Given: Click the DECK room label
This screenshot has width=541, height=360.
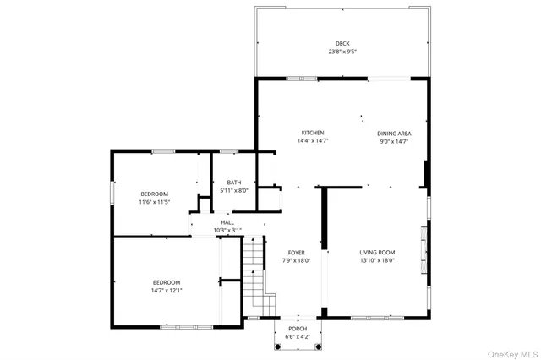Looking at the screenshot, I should coord(342,44).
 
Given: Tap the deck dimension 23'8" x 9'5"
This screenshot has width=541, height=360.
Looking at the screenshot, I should coord(342,52).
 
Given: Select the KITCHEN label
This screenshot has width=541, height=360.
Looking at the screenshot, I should coord(313,134).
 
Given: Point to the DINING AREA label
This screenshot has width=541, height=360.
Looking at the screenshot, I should coord(394,134).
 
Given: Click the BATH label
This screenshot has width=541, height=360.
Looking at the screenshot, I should coord(233,183).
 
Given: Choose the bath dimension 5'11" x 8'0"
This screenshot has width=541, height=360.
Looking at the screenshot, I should coord(233,190).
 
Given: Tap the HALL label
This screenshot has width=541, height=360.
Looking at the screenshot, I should coord(227,222).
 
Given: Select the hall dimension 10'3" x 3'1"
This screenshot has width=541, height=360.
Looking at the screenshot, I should coord(227,230).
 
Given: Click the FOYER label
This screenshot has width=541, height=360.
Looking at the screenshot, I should coord(296,253).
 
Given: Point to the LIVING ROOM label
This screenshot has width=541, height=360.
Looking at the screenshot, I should coord(377,253).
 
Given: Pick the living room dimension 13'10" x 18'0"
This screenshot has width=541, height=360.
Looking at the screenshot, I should coord(377,260).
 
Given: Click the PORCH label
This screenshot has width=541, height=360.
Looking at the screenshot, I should coord(297,329).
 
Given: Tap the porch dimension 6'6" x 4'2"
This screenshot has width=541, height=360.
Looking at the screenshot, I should coord(297,336).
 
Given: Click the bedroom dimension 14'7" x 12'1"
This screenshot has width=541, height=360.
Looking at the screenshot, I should coord(167,291).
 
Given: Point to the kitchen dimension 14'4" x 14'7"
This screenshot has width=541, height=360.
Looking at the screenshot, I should coord(313,141).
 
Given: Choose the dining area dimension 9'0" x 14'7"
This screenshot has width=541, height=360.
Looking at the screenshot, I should coord(394,141).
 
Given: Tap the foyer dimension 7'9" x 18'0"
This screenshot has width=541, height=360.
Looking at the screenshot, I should coord(296,260).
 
